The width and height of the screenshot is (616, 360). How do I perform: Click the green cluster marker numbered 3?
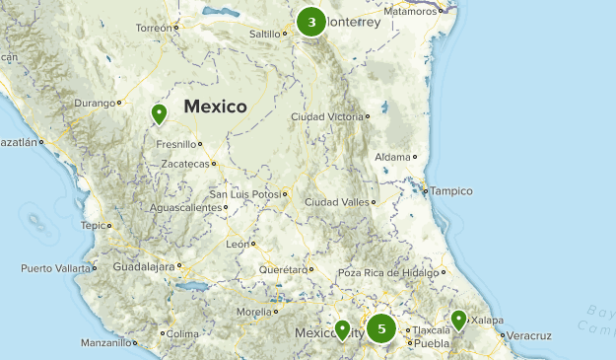tap(311, 22)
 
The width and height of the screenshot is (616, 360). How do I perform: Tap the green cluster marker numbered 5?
tap(381, 328)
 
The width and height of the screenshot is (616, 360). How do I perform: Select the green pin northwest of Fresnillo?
tap(158, 115)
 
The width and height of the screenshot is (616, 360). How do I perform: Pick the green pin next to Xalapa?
tap(458, 320)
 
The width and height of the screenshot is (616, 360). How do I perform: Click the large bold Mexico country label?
tap(214, 107)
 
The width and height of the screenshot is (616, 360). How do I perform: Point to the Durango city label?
tap(96, 102)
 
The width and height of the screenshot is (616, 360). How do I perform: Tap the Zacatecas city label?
tap(185, 164)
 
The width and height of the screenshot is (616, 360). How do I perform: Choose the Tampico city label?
tap(452, 190)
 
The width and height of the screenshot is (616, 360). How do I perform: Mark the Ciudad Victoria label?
tap(326, 117)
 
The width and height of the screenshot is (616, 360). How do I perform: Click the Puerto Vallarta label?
tap(55, 268)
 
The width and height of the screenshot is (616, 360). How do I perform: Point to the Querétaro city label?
tap(283, 269)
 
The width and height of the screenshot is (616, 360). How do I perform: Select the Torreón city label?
tap(154, 28)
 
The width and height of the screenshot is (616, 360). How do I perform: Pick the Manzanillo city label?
tap(106, 343)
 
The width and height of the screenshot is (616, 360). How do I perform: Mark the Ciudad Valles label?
tap(336, 201)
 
